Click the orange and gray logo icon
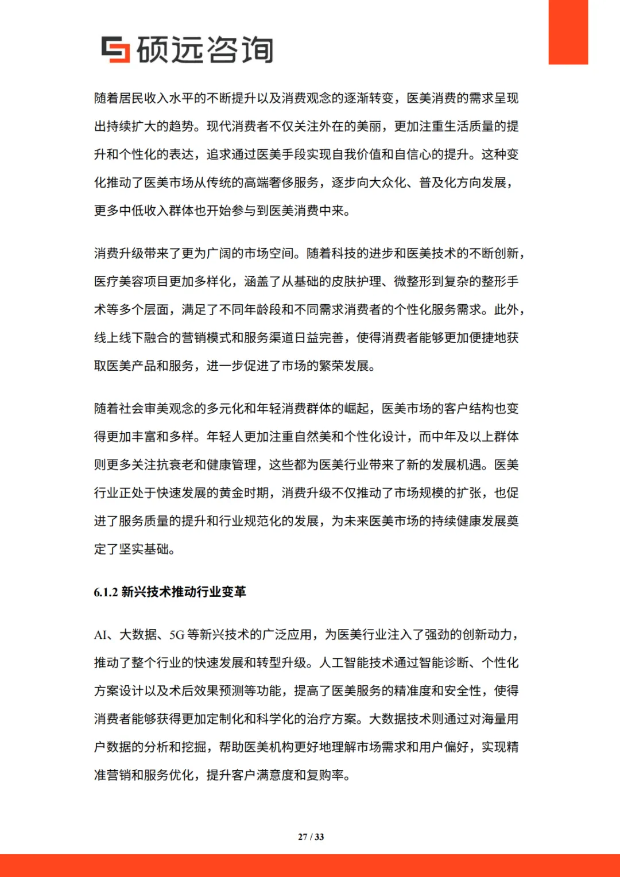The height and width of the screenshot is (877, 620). coord(115,49)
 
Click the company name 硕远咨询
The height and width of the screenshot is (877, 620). coord(205,50)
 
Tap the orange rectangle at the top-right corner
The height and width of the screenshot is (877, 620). coord(568,32)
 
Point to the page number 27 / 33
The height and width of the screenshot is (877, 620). coord(311,837)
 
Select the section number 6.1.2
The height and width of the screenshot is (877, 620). coord(106,592)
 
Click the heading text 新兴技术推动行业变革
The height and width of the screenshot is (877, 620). coord(184,592)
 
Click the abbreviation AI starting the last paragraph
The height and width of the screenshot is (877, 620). coord(100,635)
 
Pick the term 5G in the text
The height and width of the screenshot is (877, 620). coord(177,635)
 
